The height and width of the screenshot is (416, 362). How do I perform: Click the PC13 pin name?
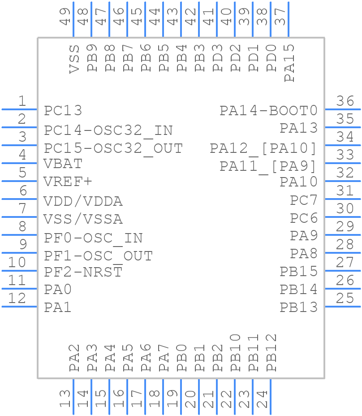click(x=63, y=110)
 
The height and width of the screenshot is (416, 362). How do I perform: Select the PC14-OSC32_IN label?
click(x=108, y=130)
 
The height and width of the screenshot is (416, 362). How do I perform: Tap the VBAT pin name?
click(x=63, y=164)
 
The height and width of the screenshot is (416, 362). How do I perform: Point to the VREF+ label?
click(x=68, y=182)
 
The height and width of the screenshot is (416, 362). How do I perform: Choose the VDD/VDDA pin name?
click(x=83, y=201)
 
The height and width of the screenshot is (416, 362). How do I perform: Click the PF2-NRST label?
click(x=83, y=272)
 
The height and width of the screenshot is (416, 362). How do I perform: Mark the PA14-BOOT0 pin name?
click(x=268, y=110)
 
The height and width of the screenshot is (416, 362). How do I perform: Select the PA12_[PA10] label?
click(x=263, y=148)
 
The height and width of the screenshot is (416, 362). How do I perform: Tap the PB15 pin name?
click(x=298, y=271)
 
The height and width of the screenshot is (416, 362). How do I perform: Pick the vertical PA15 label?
click(x=289, y=63)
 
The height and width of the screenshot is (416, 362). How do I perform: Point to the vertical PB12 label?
click(x=271, y=353)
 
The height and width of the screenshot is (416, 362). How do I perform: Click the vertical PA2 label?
click(x=74, y=357)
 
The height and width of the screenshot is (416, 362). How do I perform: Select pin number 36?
click(x=345, y=101)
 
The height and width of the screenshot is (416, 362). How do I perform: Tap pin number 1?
click(x=22, y=101)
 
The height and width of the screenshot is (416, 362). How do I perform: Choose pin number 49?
click(x=65, y=17)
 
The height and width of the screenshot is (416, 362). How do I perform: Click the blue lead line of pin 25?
click(x=342, y=307)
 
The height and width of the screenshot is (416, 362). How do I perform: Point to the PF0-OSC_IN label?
click(x=93, y=238)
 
